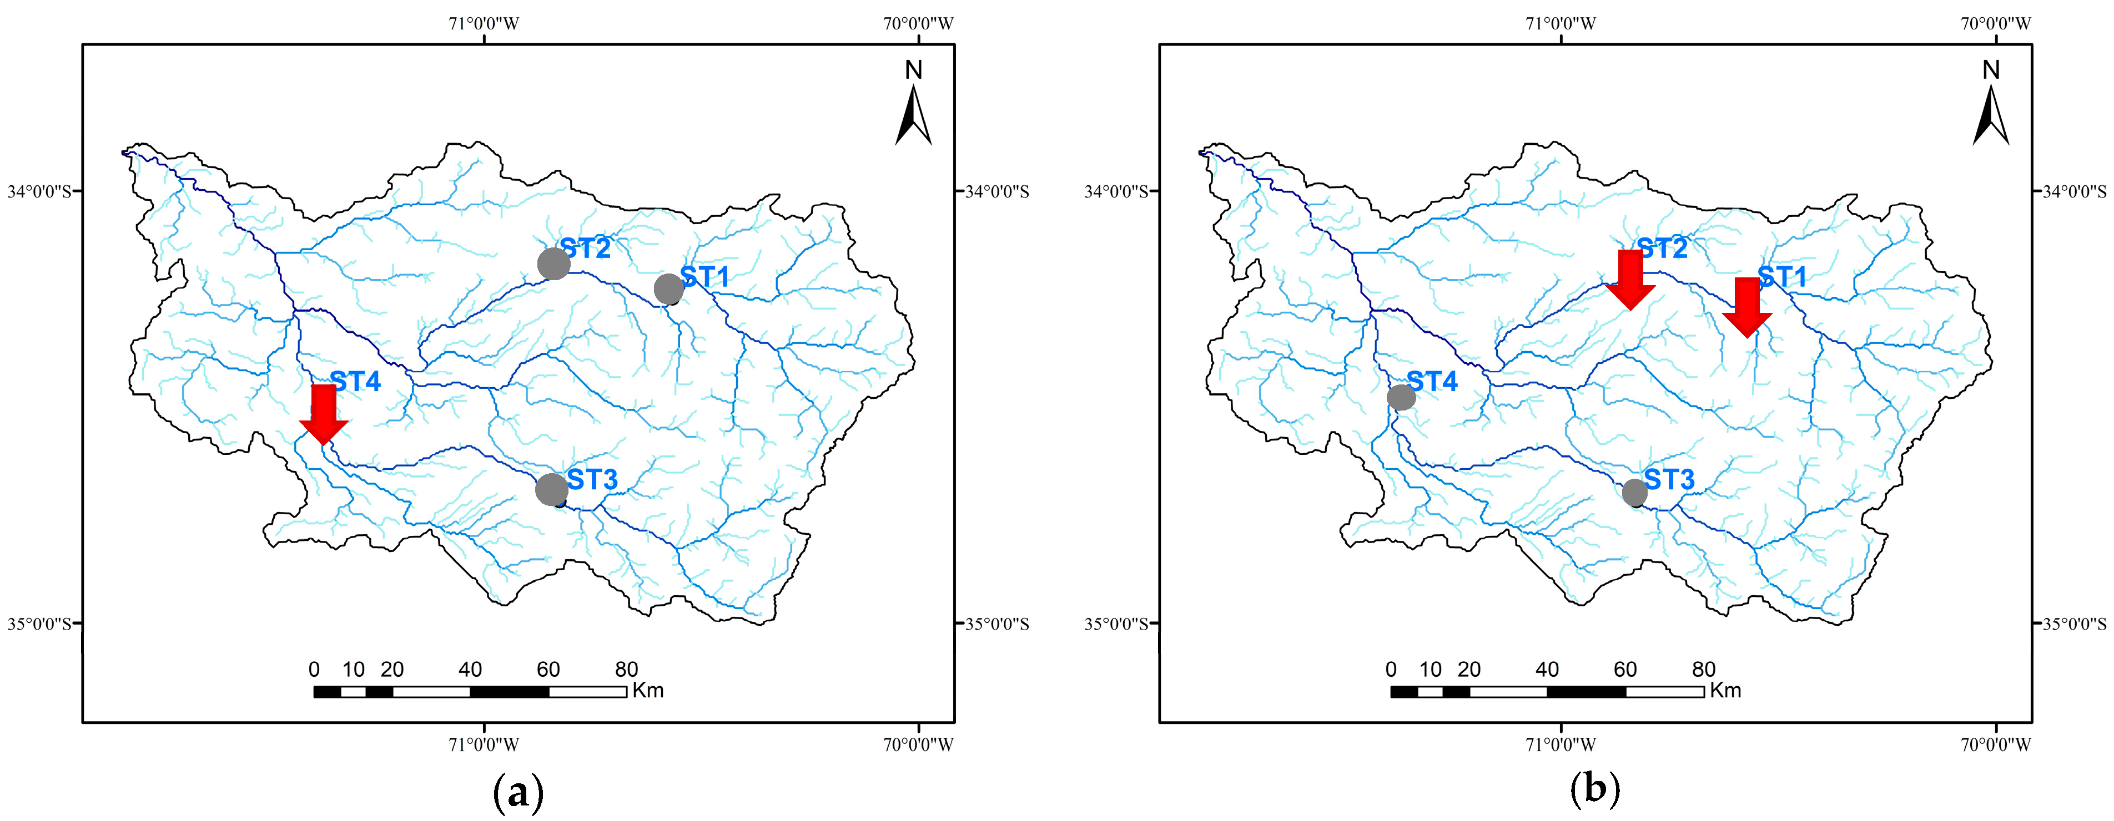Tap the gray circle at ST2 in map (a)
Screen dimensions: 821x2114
click(554, 263)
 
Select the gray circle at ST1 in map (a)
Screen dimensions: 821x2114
click(669, 288)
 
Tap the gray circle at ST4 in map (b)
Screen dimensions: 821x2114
click(1401, 397)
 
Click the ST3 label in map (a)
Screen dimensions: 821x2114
click(592, 479)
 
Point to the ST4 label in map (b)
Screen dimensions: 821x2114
click(1432, 382)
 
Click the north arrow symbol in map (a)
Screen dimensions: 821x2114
click(913, 115)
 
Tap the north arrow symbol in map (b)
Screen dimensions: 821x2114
click(1991, 115)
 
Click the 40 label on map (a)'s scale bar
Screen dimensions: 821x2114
click(470, 669)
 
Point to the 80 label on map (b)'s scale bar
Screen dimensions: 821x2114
click(1704, 669)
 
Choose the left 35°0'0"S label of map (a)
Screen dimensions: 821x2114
click(39, 624)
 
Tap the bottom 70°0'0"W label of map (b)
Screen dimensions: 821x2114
click(1996, 744)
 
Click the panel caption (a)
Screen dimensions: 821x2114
click(518, 792)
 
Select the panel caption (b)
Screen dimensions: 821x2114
click(1594, 790)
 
